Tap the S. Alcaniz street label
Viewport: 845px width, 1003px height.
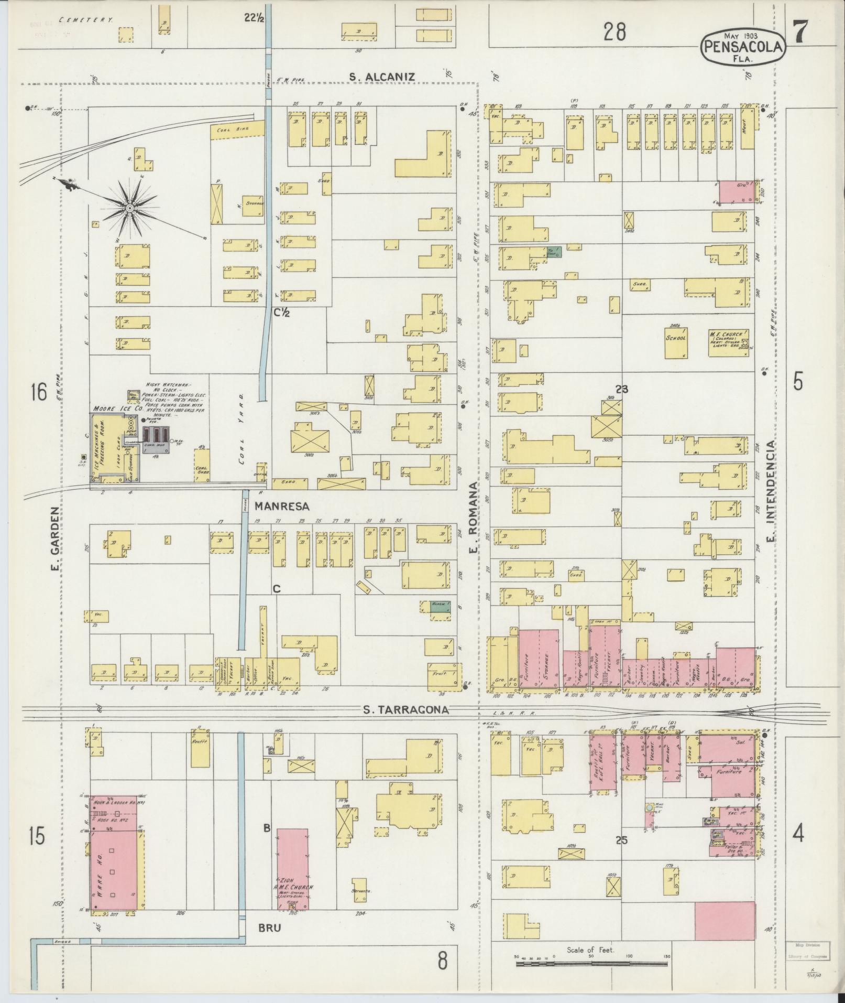[x=382, y=77]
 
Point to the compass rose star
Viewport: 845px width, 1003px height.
[x=128, y=208]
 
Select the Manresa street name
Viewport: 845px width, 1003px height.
[x=282, y=506]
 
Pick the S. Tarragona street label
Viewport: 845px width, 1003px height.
[x=407, y=710]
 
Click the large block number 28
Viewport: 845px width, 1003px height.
[x=614, y=33]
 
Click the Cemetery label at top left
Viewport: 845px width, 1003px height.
[x=87, y=19]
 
